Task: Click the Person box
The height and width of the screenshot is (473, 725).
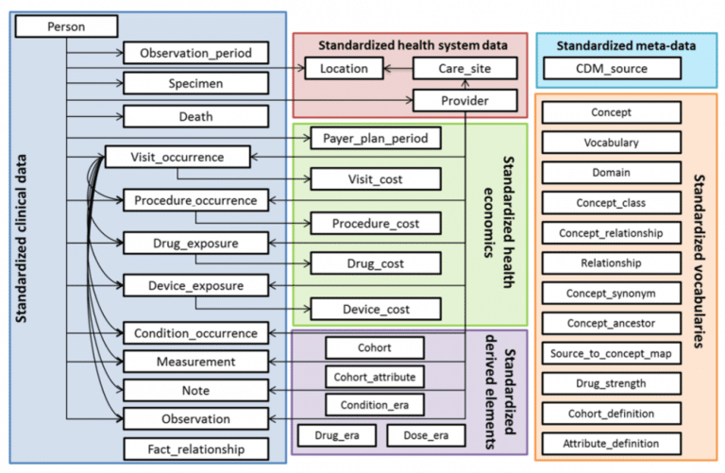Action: click(67, 26)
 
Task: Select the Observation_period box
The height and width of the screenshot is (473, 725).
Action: click(196, 53)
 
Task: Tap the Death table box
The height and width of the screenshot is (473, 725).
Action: click(196, 116)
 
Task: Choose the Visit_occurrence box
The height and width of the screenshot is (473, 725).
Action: click(177, 158)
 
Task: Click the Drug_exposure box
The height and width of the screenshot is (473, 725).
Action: click(196, 244)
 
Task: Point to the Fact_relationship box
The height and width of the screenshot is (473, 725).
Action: click(196, 449)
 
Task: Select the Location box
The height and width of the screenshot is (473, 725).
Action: click(344, 68)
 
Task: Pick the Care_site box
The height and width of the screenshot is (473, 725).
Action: click(464, 68)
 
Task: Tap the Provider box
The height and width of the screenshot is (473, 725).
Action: click(464, 100)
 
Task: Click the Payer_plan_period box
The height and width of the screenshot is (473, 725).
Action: click(376, 138)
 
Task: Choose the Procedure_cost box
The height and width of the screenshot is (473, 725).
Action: click(376, 224)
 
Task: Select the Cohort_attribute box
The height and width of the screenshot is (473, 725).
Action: click(375, 377)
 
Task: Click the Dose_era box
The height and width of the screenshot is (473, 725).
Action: click(426, 435)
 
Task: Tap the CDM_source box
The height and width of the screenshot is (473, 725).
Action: click(612, 68)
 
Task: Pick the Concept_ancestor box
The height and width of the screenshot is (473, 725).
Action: click(612, 323)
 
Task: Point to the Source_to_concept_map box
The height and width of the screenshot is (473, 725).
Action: click(612, 353)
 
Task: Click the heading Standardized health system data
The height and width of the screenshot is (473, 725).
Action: click(413, 45)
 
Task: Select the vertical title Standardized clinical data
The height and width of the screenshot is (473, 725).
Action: click(21, 239)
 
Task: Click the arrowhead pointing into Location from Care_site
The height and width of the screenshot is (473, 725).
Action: click(387, 69)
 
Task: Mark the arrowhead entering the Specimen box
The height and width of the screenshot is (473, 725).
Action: click(119, 83)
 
